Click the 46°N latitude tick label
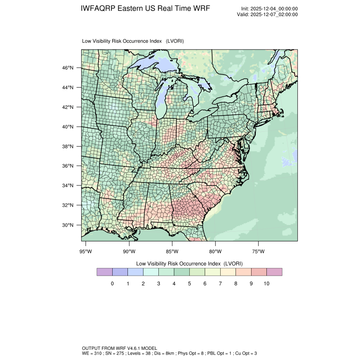point(68,68)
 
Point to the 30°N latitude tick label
point(68,225)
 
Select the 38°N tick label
point(68,147)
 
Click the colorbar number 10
point(266,284)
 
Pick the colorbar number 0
point(112,284)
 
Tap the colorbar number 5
point(189,284)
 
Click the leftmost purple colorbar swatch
point(105,272)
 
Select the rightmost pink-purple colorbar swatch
point(274,272)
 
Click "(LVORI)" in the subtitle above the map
point(175,41)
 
